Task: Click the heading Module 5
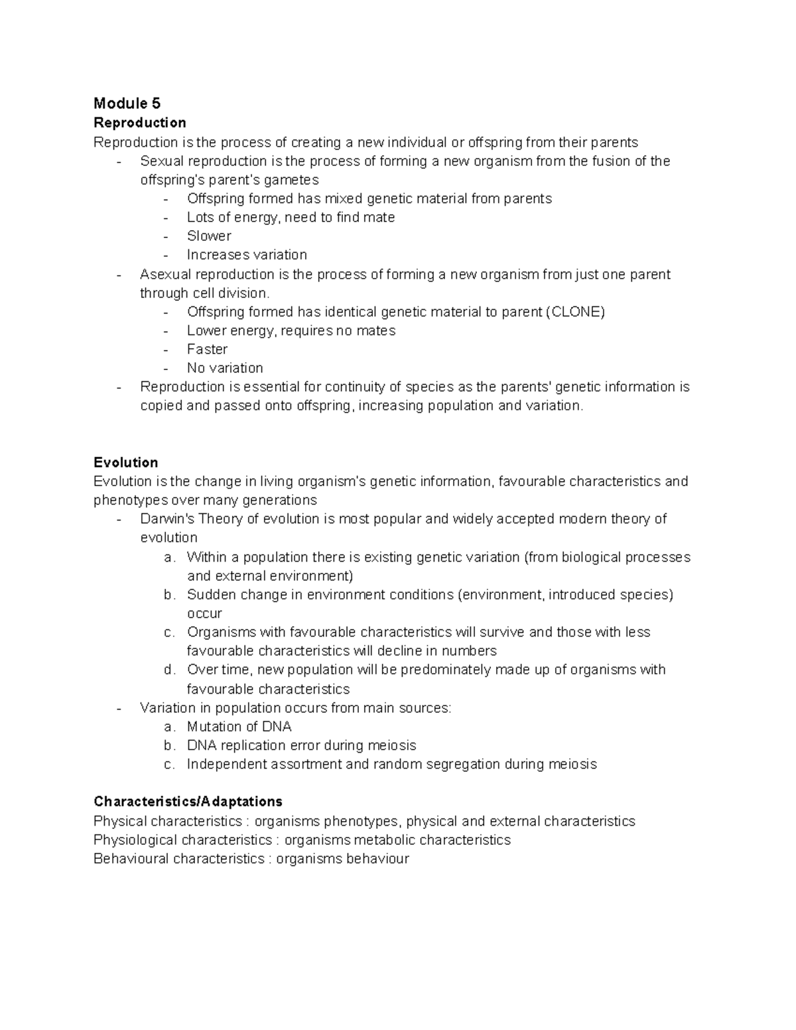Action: coord(127,103)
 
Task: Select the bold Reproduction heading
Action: coord(139,123)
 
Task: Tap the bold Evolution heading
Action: coord(125,462)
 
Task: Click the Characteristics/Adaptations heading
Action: coord(188,801)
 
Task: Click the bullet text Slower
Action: coord(209,236)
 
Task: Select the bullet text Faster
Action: coord(207,350)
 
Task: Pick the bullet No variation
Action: coord(225,368)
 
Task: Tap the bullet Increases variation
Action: coord(247,255)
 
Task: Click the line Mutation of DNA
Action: coord(239,727)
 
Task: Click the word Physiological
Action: coord(135,840)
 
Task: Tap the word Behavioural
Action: coord(131,859)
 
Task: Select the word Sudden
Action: coord(210,595)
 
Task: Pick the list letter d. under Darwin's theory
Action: coord(169,670)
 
